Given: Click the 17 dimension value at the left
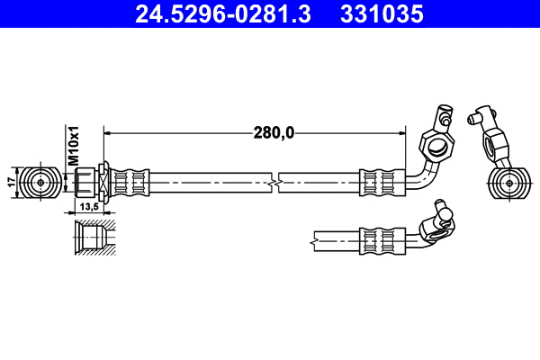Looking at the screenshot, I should tap(11, 181).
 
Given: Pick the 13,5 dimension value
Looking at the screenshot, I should tap(88, 206).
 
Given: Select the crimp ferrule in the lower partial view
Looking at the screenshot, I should tap(379, 239).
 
